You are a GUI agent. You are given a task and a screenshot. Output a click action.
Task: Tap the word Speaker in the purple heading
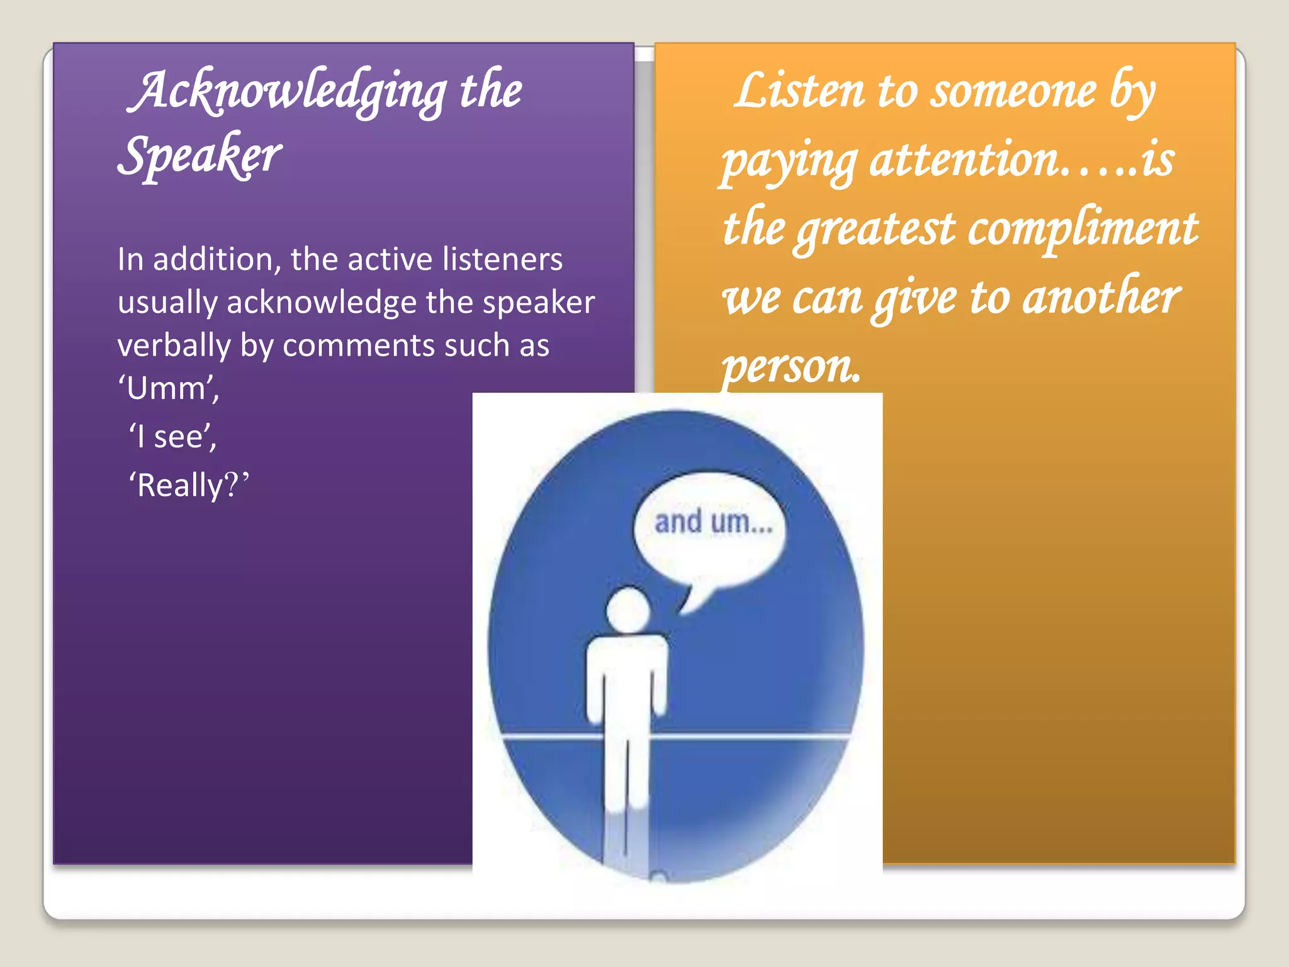click(x=200, y=156)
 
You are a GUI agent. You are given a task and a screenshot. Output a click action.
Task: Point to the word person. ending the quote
click(x=791, y=366)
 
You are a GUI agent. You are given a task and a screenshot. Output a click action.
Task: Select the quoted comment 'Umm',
click(x=169, y=388)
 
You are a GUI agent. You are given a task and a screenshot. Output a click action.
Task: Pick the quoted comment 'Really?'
click(x=189, y=485)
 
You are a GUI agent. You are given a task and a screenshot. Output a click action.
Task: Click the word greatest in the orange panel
click(x=875, y=228)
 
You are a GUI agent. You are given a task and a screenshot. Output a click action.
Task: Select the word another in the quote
click(x=1101, y=297)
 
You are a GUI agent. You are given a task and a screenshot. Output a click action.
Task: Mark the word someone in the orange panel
click(x=1014, y=91)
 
